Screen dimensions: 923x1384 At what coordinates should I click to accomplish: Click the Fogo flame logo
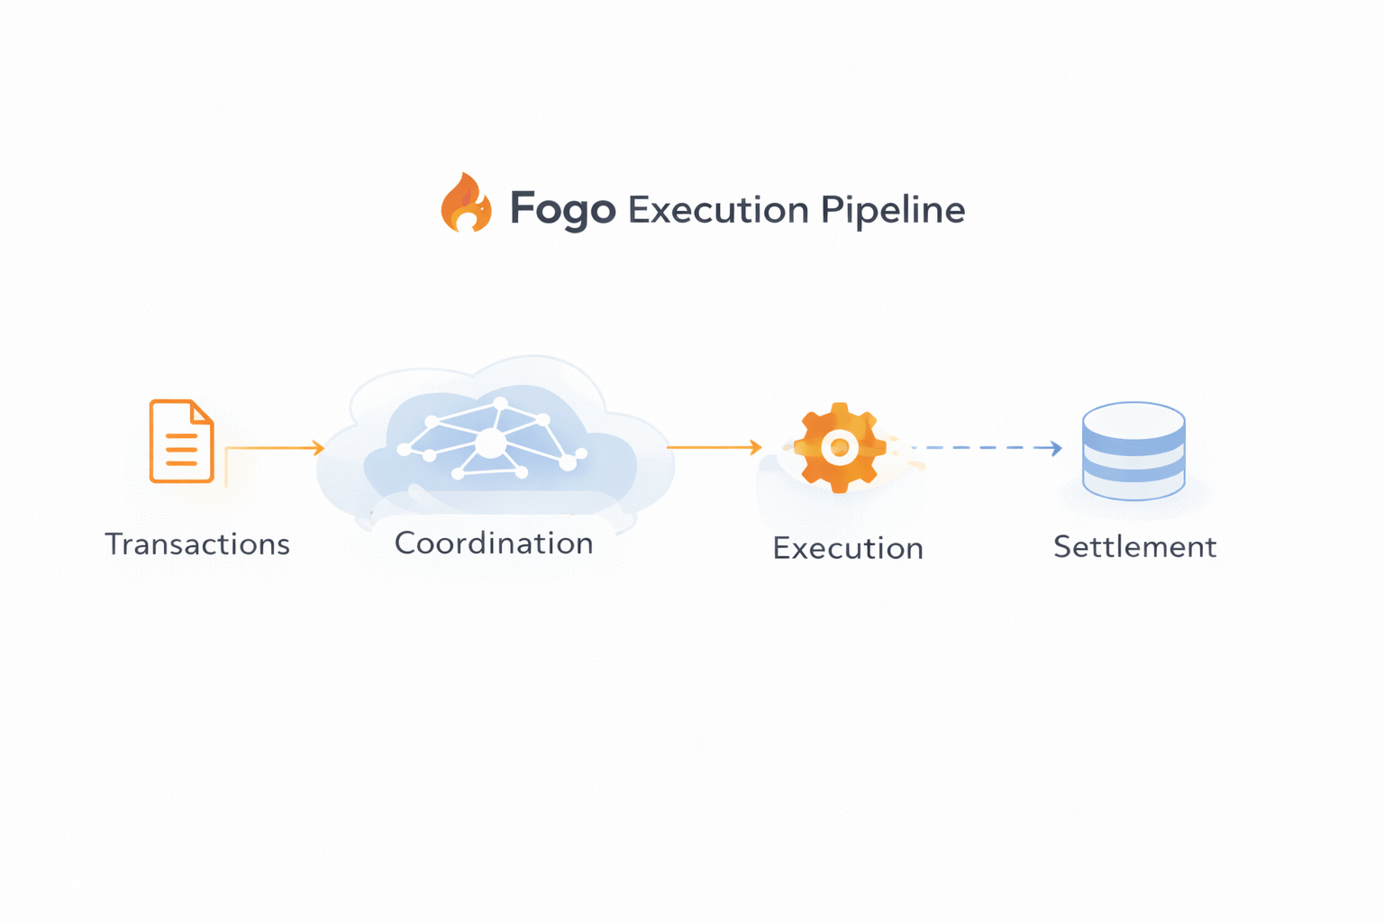(x=466, y=204)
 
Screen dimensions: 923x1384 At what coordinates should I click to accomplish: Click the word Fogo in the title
(x=562, y=210)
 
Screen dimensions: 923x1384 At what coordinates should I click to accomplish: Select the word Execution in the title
(x=718, y=210)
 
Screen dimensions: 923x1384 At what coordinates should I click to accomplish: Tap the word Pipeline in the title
(x=892, y=210)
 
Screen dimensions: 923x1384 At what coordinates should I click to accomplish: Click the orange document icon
(x=181, y=442)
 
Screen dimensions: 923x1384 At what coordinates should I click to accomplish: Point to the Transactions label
(x=197, y=544)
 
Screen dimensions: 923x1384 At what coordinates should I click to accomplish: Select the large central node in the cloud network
(x=491, y=443)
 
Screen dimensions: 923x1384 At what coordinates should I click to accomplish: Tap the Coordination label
(x=494, y=544)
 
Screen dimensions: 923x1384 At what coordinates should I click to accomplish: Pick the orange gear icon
(x=840, y=447)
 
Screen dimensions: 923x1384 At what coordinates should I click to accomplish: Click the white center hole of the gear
(x=840, y=447)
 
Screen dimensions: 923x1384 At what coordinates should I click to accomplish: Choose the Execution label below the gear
(x=848, y=549)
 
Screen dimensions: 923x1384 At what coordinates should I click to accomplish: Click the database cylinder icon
(x=1134, y=451)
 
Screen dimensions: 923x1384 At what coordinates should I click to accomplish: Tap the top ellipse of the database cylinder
(x=1134, y=418)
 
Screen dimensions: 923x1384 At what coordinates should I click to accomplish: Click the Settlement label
(x=1134, y=547)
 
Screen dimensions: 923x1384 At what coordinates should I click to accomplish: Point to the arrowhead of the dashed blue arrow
(x=1056, y=447)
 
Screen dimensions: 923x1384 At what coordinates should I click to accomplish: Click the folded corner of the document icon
(x=203, y=411)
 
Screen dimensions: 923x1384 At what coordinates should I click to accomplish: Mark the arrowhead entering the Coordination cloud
(x=318, y=447)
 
